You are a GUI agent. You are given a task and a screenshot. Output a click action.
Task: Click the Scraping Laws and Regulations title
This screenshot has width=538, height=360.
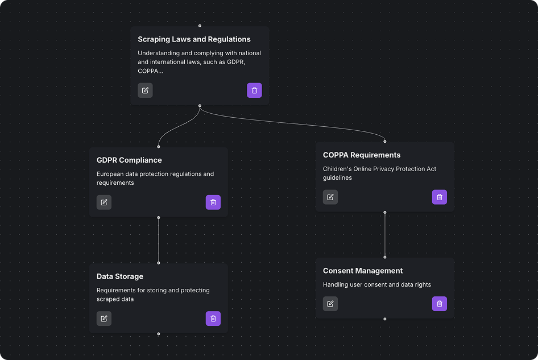pyautogui.click(x=194, y=39)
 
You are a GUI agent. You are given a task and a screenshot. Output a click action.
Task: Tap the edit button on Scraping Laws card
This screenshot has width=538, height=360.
pyautogui.click(x=145, y=90)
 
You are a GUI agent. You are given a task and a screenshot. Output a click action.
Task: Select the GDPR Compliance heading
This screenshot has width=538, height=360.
pyautogui.click(x=129, y=160)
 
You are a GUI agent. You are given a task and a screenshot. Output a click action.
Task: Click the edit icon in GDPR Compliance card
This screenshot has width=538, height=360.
pyautogui.click(x=104, y=202)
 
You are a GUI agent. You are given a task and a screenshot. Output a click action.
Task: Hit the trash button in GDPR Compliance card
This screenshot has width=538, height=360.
pyautogui.click(x=213, y=202)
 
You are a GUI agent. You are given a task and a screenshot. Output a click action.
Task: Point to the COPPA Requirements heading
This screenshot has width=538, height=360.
pyautogui.click(x=362, y=155)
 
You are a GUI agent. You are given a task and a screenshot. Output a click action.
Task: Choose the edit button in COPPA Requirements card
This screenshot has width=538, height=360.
pyautogui.click(x=330, y=197)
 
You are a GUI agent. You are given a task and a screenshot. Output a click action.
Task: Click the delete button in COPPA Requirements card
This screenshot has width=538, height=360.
pyautogui.click(x=440, y=197)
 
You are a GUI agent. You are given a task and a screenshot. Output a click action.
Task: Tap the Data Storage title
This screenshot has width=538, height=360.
pyautogui.click(x=120, y=276)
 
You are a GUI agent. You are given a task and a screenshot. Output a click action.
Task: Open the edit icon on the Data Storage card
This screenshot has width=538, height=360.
pyautogui.click(x=104, y=318)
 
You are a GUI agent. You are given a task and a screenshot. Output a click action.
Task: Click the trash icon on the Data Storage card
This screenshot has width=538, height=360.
pyautogui.click(x=213, y=318)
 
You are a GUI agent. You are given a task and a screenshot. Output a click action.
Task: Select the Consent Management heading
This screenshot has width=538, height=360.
pyautogui.click(x=363, y=271)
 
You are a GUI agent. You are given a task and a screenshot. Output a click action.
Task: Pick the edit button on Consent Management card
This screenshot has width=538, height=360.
pyautogui.click(x=330, y=304)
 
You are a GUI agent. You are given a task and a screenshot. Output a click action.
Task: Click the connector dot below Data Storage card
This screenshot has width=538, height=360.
pyautogui.click(x=159, y=334)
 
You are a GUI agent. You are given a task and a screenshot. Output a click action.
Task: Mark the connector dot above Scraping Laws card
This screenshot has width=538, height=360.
pyautogui.click(x=200, y=26)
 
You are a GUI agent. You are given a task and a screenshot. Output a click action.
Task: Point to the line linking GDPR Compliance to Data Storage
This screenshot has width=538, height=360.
pyautogui.click(x=159, y=240)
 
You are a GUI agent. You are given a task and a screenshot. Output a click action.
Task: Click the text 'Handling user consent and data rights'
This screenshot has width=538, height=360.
pyautogui.click(x=377, y=284)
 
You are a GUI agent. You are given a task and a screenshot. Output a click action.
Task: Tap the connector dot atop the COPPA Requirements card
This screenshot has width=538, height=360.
pyautogui.click(x=385, y=141)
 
